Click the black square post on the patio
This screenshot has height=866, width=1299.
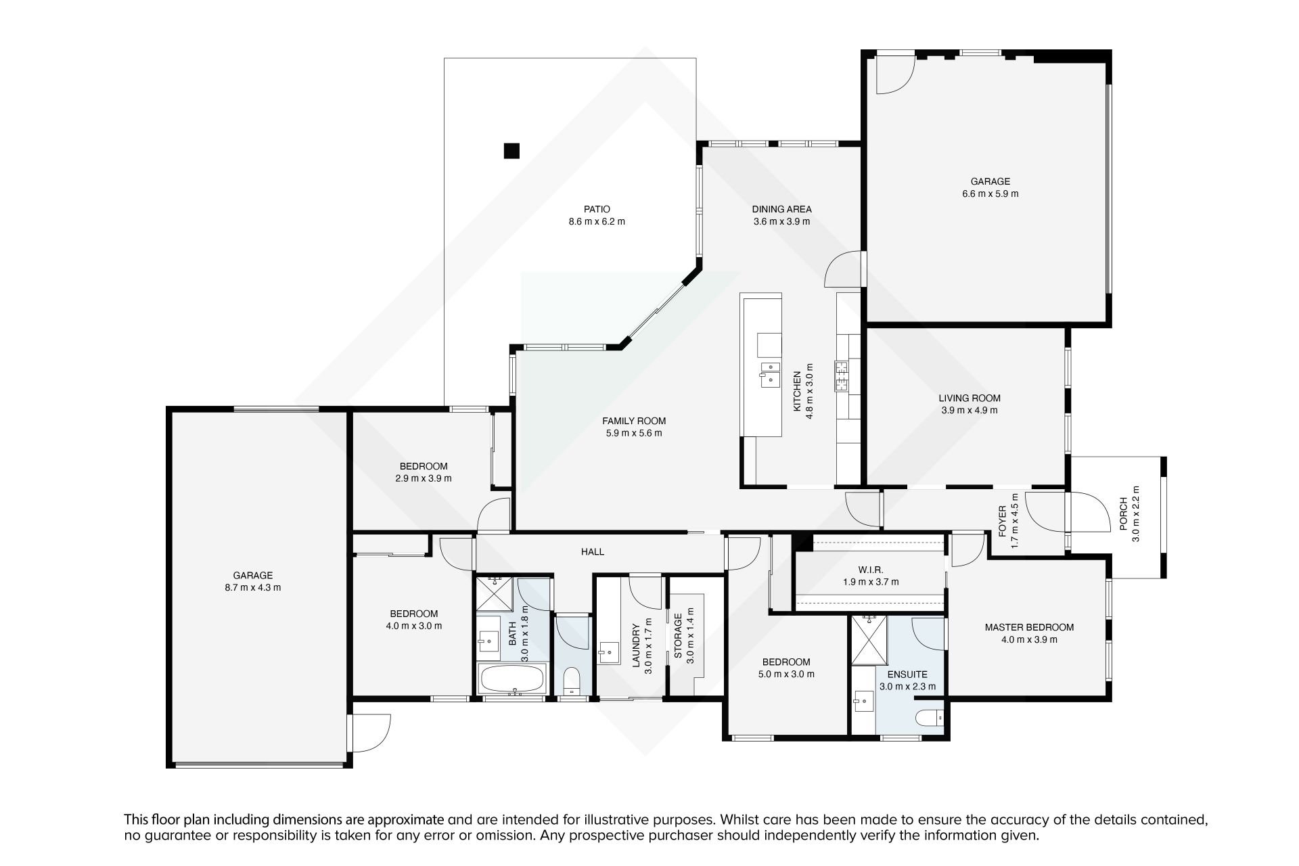(x=511, y=151)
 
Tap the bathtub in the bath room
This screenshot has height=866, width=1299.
(x=511, y=679)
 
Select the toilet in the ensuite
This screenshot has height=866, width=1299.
(x=926, y=717)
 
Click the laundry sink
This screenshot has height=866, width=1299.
(x=609, y=654)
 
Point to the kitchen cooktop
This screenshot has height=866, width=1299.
(x=842, y=376)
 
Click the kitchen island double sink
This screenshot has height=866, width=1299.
(x=770, y=374)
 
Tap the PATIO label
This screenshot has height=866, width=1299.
(x=597, y=209)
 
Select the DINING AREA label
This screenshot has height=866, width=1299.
(x=781, y=209)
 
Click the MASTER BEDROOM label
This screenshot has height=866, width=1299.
(x=1029, y=627)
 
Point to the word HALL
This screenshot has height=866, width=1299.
(x=593, y=552)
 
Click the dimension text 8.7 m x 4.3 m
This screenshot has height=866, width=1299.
(x=253, y=588)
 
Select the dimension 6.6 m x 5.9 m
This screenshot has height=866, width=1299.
(x=990, y=193)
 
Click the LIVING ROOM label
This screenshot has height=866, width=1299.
(x=970, y=398)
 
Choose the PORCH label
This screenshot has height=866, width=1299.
(x=1123, y=514)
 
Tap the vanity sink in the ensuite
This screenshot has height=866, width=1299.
(x=863, y=698)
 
